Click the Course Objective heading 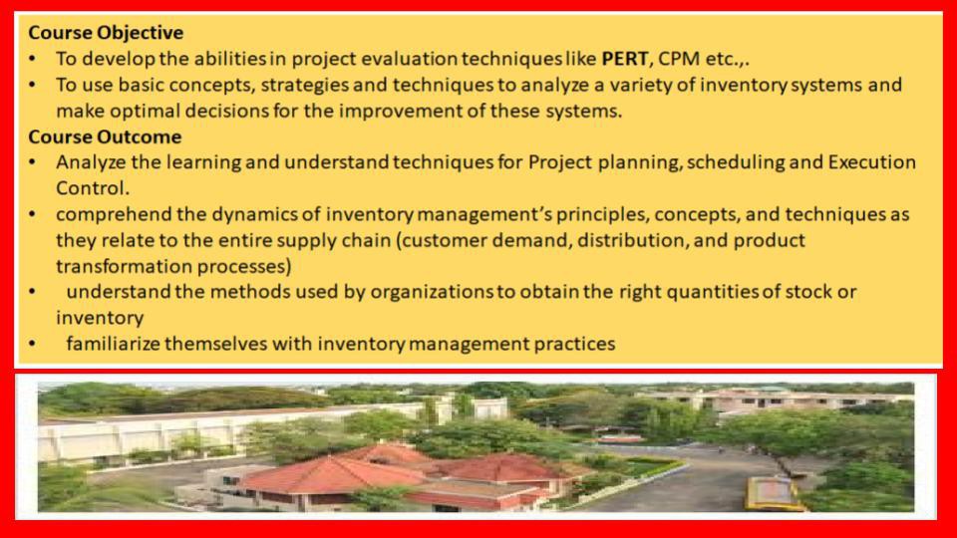coord(106,32)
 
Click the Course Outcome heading coord(105,136)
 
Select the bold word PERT coord(624,59)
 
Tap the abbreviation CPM coord(679,59)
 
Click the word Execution coord(871,162)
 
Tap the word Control coord(92,188)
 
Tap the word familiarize coord(113,344)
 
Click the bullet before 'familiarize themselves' coord(32,345)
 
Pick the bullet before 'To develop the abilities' coord(32,59)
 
